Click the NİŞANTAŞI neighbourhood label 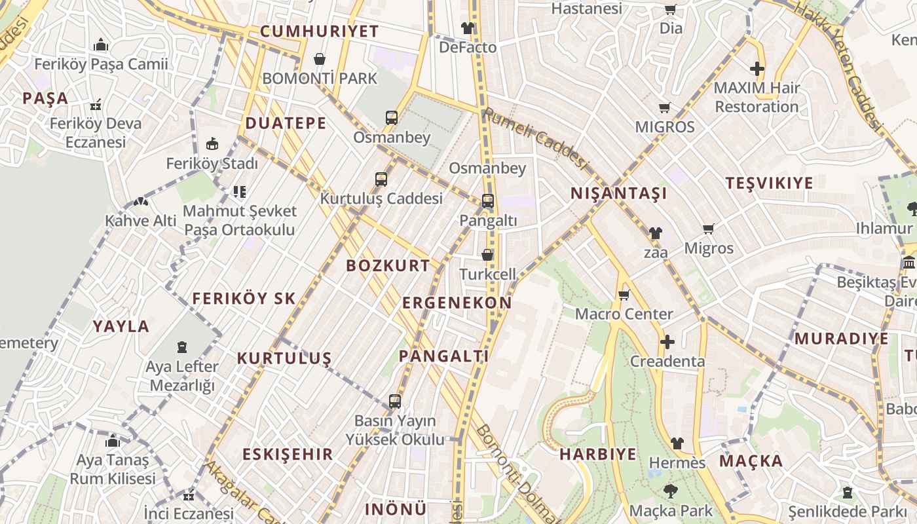[618, 193]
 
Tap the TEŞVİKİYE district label [769, 183]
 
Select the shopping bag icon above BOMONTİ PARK [320, 60]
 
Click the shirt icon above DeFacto [467, 28]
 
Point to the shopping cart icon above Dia [670, 9]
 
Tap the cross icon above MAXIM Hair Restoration [757, 69]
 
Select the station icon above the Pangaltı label [488, 201]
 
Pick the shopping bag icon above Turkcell [487, 255]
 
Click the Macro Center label [624, 314]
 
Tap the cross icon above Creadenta [667, 342]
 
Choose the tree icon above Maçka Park [670, 491]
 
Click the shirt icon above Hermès [677, 443]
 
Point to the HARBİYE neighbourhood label [597, 454]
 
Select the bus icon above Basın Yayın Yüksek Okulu [394, 402]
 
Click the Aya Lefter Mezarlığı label [182, 376]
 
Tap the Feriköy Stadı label [212, 164]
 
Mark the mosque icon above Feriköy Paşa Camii [101, 45]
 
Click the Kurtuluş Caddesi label [381, 198]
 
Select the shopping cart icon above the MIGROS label [665, 107]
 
